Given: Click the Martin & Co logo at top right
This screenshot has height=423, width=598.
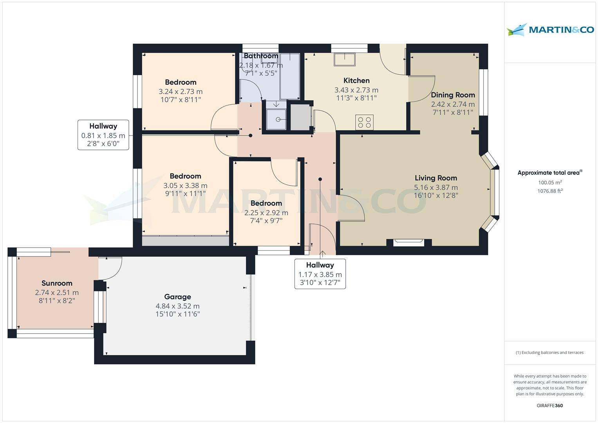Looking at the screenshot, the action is click(550, 29).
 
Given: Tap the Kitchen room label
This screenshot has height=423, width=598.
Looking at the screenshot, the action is click(356, 80).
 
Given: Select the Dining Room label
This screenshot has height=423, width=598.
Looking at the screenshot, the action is click(453, 95).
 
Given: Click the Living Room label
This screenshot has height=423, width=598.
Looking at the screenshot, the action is click(436, 178).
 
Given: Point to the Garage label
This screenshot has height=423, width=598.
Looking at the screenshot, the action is click(177, 297).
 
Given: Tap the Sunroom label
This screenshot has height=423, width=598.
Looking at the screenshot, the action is click(57, 283).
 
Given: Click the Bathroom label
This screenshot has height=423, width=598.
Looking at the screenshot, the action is click(261, 56).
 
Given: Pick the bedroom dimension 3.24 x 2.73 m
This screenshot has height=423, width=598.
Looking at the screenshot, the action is click(181, 92).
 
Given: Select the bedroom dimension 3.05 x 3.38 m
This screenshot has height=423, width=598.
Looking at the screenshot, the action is click(185, 185).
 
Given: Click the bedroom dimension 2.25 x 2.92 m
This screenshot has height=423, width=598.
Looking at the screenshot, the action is click(266, 213).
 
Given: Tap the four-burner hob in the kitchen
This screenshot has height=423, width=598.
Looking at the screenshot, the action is click(365, 123).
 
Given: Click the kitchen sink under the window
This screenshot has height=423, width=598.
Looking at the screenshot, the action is click(344, 59).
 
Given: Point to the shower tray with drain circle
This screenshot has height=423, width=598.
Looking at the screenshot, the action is click(276, 119).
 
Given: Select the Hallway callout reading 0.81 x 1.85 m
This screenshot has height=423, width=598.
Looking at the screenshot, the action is click(103, 135).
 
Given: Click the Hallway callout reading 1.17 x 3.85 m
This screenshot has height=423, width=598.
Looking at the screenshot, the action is click(320, 274).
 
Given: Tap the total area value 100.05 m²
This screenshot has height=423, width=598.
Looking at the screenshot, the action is click(550, 183).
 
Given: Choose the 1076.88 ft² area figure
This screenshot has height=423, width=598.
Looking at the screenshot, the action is click(550, 191).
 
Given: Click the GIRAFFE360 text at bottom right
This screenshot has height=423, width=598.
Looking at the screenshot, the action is click(550, 405).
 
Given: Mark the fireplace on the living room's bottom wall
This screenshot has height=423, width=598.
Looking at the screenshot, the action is click(409, 242).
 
